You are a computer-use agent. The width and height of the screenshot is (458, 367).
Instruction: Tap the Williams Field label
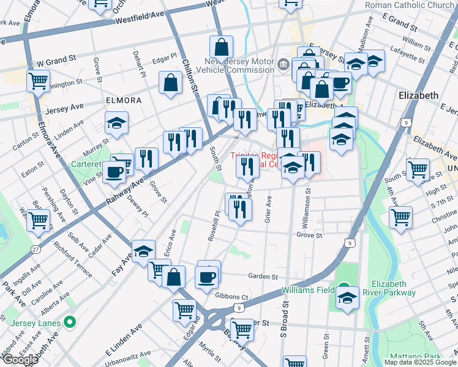pos(308,289)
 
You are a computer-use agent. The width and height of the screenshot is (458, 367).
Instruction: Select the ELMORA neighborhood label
pos(124,100)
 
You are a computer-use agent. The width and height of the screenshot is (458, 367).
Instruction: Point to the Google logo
pos(20,360)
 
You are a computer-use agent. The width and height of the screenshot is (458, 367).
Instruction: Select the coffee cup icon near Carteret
pos(114,172)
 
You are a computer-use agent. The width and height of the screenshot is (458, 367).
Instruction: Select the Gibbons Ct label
pos(231,296)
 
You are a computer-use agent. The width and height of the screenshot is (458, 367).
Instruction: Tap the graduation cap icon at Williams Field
pos(348,298)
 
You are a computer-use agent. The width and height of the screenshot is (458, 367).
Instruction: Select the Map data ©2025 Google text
pos(421,361)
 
